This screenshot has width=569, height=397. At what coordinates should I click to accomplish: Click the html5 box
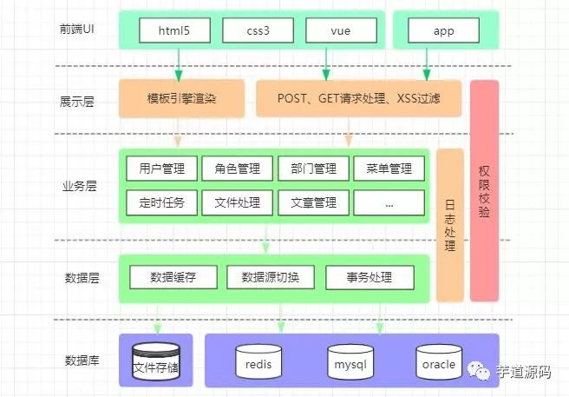180,30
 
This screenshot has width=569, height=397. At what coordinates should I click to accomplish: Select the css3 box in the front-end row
258,30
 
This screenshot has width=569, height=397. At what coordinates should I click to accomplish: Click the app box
443,30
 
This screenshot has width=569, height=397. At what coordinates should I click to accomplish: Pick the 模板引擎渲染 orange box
181,98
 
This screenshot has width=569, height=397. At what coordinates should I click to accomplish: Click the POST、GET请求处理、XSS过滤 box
358,98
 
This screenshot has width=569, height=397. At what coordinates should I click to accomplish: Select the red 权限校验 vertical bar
484,191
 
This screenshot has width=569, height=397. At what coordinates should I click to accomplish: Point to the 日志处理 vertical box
448,224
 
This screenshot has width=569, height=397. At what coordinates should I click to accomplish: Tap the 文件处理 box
237,202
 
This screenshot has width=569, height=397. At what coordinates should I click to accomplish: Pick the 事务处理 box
369,278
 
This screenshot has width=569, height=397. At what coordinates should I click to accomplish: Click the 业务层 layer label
80,185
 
